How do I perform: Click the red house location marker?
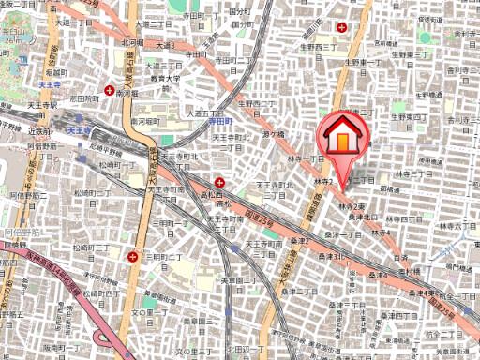tap(344, 137)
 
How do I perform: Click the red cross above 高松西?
tap(219, 182)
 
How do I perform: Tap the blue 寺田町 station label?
tap(218, 122)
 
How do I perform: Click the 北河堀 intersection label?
tap(131, 42)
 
